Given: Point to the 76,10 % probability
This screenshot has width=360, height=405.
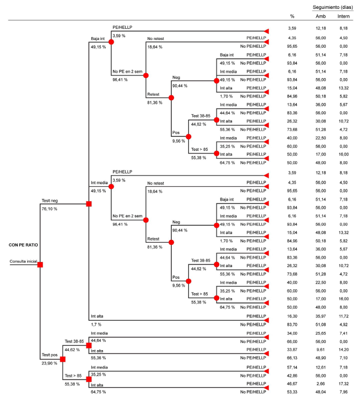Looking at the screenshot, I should tap(51, 209).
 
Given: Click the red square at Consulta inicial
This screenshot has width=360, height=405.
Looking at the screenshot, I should tap(40, 265).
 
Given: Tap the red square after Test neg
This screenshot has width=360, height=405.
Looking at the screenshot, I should tap(89, 204).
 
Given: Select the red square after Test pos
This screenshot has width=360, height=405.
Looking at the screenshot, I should tap(63, 359).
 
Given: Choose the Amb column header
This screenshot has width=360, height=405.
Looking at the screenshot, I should tap(319, 16).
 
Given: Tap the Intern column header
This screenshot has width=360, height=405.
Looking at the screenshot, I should tap(343, 16).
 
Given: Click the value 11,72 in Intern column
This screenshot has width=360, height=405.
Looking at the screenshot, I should tap(343, 315).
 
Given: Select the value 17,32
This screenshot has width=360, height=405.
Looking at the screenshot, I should tap(343, 383).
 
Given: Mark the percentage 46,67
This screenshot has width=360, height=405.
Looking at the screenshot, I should tap(292, 383).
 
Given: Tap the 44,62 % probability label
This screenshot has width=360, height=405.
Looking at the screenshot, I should tap(73, 350).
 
